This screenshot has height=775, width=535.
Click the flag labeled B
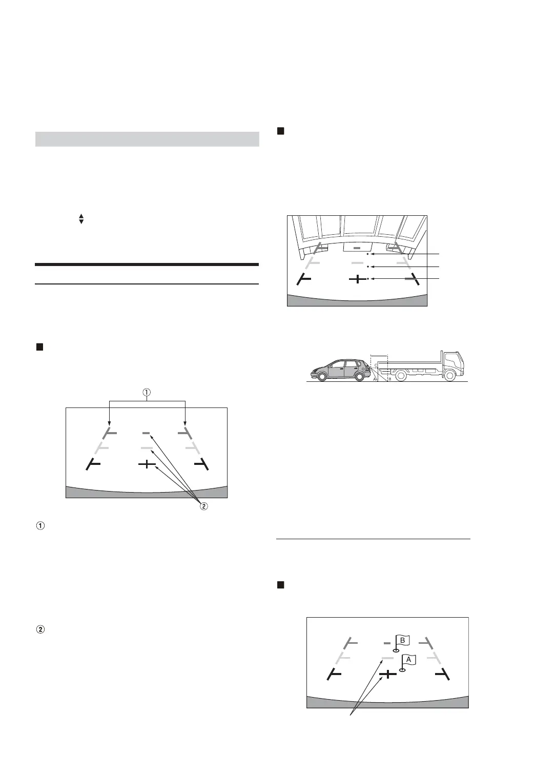[x=402, y=640]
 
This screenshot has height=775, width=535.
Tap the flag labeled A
[x=408, y=660]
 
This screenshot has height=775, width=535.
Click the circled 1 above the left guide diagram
[x=147, y=393]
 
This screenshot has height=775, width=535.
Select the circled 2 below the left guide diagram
[x=203, y=506]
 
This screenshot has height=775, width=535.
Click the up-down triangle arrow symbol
[x=81, y=218]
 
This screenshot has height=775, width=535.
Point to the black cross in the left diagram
[x=147, y=464]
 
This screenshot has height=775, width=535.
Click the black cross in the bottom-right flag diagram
[x=388, y=675]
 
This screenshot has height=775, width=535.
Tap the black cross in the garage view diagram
[x=357, y=279]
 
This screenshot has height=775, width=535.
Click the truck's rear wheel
[x=401, y=376]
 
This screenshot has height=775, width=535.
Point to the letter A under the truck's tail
[x=375, y=379]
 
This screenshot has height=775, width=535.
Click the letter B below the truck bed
[x=389, y=379]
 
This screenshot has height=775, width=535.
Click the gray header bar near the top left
[x=147, y=139]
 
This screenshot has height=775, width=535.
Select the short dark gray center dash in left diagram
[x=147, y=434]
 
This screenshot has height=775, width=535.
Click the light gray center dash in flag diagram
[x=387, y=658]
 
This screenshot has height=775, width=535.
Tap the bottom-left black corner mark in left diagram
[x=93, y=464]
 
